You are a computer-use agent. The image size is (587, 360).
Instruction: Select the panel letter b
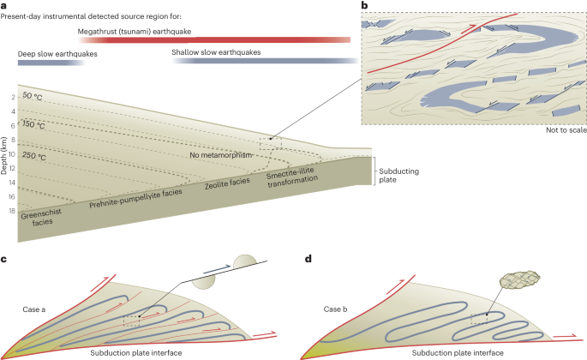[364, 6]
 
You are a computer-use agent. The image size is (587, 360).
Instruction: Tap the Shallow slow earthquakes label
[219, 51]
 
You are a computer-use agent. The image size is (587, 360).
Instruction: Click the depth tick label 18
[13, 210]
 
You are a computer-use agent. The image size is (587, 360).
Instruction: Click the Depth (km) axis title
[4, 154]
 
